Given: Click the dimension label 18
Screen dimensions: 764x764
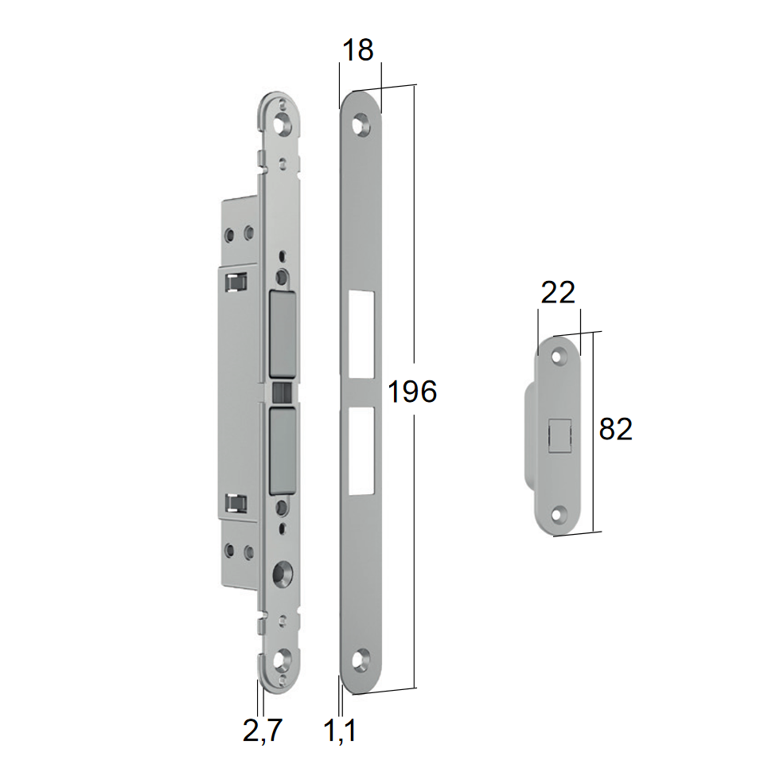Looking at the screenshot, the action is click(358, 49).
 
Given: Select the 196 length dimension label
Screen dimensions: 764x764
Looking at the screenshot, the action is click(412, 392).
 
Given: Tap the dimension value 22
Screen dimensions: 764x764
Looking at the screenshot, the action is click(559, 294).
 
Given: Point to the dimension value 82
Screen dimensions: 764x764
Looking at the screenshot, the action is click(615, 429).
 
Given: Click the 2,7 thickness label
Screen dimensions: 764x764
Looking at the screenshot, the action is click(263, 730).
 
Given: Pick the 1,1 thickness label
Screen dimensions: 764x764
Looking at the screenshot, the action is click(340, 731).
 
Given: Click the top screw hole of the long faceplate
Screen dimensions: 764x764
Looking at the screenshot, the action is click(361, 123).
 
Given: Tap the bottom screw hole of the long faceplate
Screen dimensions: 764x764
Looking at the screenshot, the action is click(361, 661).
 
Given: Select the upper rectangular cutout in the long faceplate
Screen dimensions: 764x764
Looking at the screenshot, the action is click(361, 335).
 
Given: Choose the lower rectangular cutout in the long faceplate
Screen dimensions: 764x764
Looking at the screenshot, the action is click(361, 450).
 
